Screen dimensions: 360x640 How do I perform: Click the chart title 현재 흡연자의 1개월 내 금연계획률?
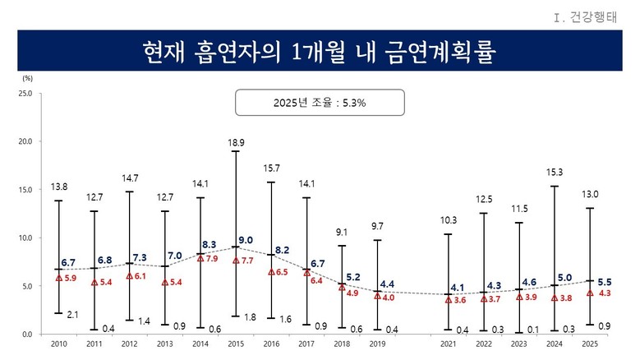320,51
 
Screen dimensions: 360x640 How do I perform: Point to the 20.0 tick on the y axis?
24,141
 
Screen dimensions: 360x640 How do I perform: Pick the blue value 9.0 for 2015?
246,240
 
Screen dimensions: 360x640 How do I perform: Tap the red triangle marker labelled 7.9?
200,258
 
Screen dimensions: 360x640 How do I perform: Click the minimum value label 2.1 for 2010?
71,313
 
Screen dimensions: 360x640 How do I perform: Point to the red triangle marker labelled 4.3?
590,293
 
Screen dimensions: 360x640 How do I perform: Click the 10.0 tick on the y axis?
24,238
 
